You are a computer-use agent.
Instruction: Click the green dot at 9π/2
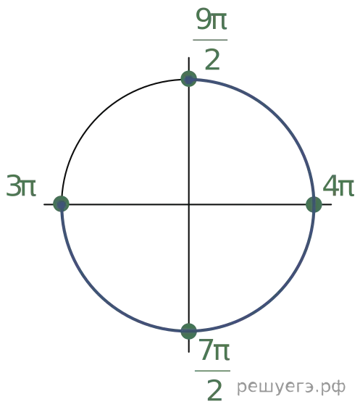click(x=189, y=79)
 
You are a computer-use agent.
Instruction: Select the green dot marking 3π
click(x=61, y=204)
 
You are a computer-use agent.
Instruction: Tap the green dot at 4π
click(x=314, y=204)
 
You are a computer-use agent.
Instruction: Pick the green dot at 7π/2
click(x=189, y=331)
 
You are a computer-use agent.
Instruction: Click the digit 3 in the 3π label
click(x=13, y=185)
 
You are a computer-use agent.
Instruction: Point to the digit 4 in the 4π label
click(x=330, y=185)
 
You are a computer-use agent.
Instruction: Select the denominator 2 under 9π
click(x=212, y=60)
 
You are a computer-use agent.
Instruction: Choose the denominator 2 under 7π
click(x=214, y=390)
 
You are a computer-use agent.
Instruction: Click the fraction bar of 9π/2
click(x=210, y=40)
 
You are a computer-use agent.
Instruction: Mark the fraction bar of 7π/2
click(x=212, y=371)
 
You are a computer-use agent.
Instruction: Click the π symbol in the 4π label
click(x=346, y=188)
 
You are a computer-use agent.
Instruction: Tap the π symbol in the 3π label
click(x=28, y=188)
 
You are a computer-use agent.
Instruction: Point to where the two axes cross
click(x=189, y=204)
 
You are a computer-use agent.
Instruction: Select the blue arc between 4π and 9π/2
click(x=279, y=115)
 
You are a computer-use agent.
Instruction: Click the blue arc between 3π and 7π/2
click(x=98, y=294)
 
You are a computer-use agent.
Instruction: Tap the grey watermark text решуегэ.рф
click(x=291, y=387)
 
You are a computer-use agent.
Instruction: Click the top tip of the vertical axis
click(x=189, y=57)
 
